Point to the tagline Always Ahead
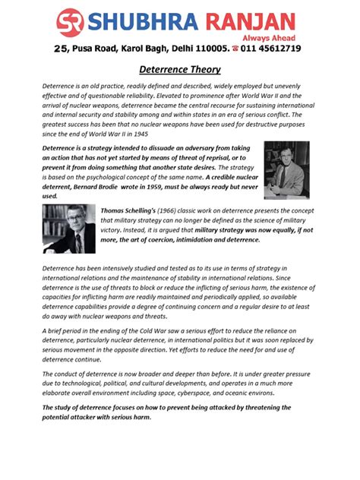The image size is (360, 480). [x=274, y=36]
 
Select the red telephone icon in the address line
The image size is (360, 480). [x=235, y=49]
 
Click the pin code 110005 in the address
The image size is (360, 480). [x=210, y=49]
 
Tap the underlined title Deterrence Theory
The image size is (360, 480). [x=180, y=70]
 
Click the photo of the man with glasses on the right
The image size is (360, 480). [x=286, y=170]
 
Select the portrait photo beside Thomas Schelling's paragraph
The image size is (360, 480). [x=69, y=228]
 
